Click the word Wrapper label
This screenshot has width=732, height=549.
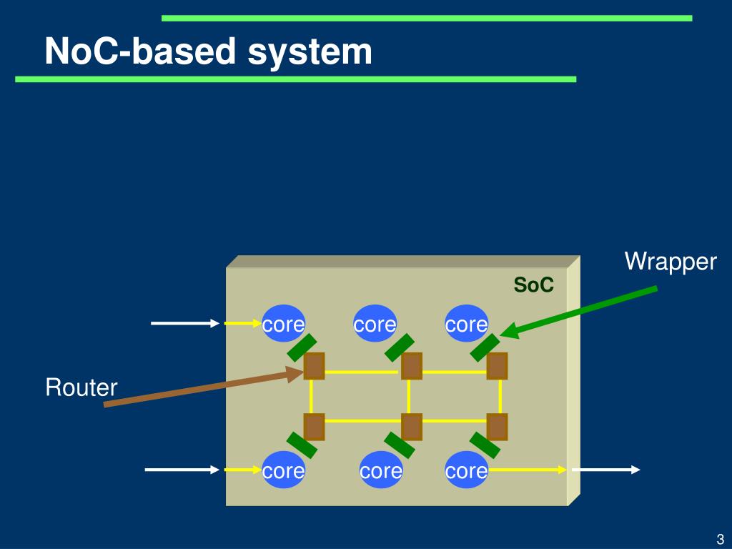[x=671, y=262]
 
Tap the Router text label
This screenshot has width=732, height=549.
[x=81, y=387]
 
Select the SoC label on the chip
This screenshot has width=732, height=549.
[x=533, y=285]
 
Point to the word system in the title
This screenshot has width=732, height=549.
[x=310, y=51]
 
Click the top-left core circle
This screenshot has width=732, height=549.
[x=283, y=324]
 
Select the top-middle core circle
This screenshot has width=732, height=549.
[x=375, y=324]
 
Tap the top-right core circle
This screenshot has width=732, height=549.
[x=466, y=324]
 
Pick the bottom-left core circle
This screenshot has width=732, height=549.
[x=283, y=470]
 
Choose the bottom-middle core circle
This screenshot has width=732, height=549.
[x=381, y=470]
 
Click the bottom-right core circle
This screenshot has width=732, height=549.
[x=466, y=470]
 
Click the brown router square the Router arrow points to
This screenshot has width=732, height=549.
[x=315, y=366]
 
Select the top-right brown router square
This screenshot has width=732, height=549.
[x=498, y=366]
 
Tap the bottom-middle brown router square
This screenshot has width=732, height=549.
[x=412, y=427]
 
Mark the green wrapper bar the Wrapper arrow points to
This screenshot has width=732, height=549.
[x=485, y=348]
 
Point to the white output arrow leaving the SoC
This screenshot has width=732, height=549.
[x=606, y=470]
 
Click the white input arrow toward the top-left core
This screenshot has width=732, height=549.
[x=185, y=323]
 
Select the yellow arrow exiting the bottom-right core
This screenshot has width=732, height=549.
[x=528, y=470]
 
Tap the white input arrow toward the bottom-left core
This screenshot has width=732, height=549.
[x=182, y=470]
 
